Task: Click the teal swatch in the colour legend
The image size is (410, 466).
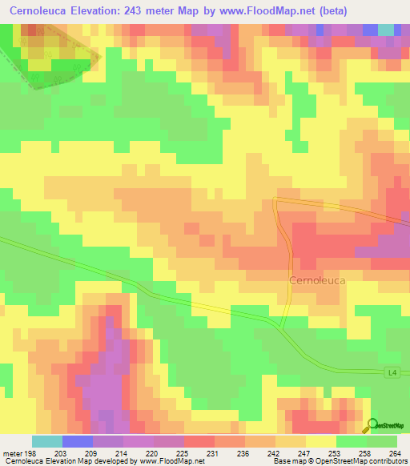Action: (x=47, y=441)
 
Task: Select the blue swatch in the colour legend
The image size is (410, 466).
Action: (x=78, y=441)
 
